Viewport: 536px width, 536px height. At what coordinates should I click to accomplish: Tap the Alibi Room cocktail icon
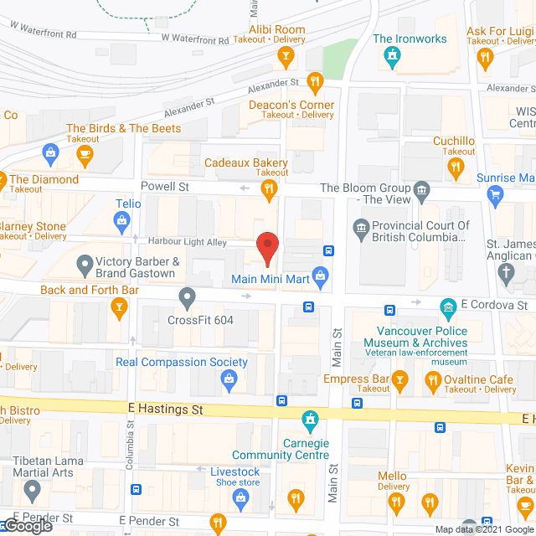(286, 58)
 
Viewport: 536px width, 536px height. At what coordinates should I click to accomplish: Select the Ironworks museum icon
(390, 56)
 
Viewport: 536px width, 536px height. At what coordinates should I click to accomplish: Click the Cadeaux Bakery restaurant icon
(268, 192)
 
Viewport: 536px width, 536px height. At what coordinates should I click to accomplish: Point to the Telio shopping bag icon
(122, 221)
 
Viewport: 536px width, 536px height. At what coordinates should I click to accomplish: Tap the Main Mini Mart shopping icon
(319, 275)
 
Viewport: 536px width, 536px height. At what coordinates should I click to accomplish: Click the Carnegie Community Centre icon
(310, 419)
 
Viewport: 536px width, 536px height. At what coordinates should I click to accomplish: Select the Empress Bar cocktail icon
(400, 384)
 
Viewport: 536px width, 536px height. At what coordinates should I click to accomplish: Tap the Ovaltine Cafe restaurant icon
(432, 384)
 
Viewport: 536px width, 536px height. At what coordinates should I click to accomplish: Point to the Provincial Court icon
(361, 226)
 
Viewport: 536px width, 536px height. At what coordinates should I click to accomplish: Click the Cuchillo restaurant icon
(456, 167)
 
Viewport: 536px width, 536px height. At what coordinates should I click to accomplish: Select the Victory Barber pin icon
(84, 267)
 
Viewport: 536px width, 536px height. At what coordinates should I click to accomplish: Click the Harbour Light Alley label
(188, 242)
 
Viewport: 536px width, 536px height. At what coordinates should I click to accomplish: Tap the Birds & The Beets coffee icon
(84, 153)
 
